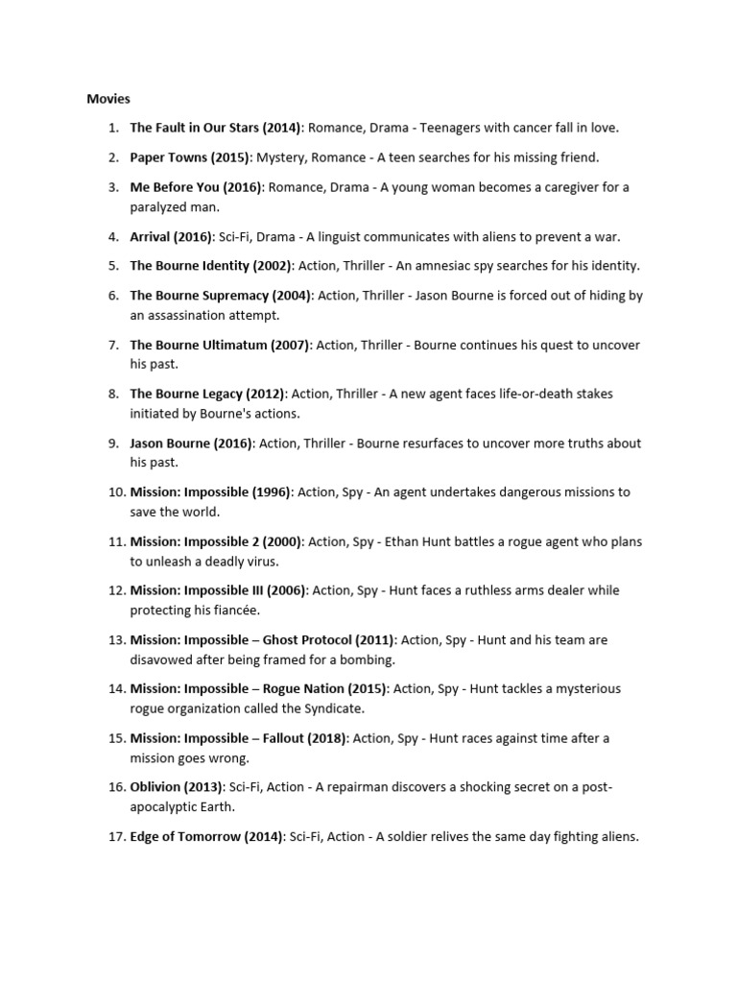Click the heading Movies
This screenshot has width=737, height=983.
(x=108, y=98)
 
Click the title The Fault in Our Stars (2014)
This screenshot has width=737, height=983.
(x=216, y=128)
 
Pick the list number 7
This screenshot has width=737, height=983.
(x=113, y=345)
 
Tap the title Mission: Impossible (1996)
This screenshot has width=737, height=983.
(x=211, y=492)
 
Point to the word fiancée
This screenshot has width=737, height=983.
(x=233, y=611)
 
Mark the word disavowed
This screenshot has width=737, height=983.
(x=165, y=659)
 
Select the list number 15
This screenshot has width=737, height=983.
(x=116, y=738)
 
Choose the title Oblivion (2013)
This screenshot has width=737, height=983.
(x=176, y=787)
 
